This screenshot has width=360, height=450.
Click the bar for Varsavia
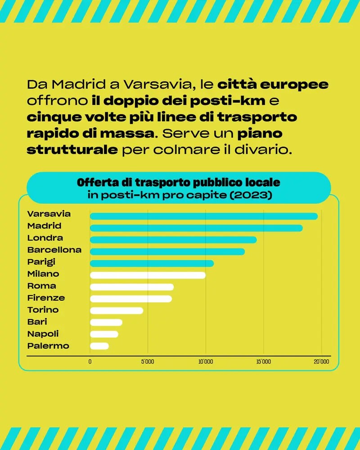(203, 216)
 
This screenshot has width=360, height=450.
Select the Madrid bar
(196, 228)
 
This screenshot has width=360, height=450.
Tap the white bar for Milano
(148, 275)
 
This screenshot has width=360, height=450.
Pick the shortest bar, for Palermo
(99, 346)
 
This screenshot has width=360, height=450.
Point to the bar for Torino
(117, 310)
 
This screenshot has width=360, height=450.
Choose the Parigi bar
(152, 263)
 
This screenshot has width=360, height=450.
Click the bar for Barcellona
(167, 252)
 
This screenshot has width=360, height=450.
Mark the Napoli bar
(104, 334)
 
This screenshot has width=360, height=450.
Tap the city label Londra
(45, 238)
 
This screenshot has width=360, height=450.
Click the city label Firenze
(46, 298)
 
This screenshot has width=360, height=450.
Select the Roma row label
(42, 286)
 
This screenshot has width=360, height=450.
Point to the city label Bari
(37, 322)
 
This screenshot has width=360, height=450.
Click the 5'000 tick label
(148, 362)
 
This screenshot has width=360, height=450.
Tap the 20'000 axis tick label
(321, 362)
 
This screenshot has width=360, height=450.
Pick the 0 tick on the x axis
(90, 362)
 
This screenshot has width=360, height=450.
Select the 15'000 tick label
(263, 362)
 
